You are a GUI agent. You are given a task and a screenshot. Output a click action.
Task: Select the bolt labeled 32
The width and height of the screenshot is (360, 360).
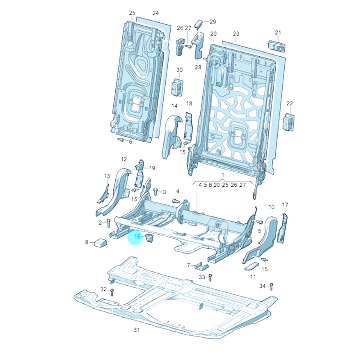click(112, 292)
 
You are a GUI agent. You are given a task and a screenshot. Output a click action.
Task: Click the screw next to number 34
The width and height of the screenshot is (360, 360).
click(272, 287)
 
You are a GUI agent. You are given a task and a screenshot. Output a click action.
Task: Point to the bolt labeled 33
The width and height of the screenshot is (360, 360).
click(210, 278)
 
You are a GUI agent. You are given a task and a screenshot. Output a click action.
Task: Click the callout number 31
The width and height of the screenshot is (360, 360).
click(137, 330)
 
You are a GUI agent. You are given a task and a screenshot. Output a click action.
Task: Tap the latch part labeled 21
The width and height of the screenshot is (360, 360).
click(277, 46)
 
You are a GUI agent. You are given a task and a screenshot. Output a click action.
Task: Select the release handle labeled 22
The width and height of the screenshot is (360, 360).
click(289, 121)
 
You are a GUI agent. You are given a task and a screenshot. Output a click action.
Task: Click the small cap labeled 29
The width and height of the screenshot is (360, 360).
click(198, 24)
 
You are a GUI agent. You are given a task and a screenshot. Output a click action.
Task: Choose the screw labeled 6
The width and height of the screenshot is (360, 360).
click(121, 139)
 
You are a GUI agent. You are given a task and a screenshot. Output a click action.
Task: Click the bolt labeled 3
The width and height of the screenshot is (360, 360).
click(156, 191)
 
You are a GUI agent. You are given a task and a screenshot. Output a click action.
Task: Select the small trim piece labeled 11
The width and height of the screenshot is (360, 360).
click(251, 266)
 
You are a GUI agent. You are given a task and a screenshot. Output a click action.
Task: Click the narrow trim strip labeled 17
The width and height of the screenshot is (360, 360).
click(283, 228)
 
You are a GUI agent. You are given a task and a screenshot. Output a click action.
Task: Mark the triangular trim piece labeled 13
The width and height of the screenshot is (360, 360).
click(104, 193)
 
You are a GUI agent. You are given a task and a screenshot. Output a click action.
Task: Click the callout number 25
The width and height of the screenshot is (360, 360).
click(132, 13)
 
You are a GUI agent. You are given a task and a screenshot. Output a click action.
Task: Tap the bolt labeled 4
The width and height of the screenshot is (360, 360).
click(175, 201)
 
